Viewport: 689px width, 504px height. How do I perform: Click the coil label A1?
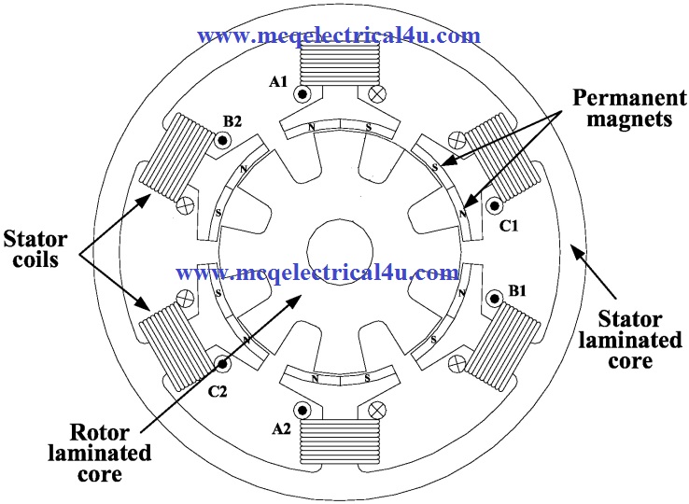[278, 82]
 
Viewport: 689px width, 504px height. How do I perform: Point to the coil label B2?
[232, 122]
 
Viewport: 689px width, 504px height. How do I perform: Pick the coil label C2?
[218, 391]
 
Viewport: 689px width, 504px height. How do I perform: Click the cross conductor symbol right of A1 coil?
[378, 94]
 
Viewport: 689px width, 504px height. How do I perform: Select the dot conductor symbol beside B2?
[221, 141]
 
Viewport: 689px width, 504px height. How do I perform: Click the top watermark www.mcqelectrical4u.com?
[340, 35]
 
